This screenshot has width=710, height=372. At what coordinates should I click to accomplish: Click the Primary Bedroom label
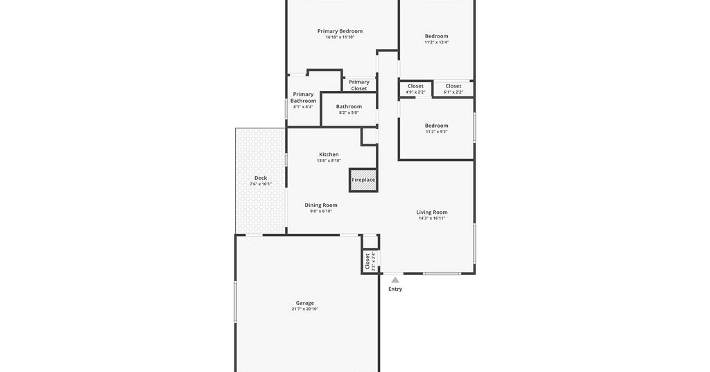[x=340, y=31]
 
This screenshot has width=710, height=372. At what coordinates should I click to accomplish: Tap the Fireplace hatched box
[x=363, y=180]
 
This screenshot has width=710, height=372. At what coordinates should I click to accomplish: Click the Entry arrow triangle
[x=395, y=280]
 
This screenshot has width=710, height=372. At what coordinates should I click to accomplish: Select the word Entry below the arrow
[x=395, y=289]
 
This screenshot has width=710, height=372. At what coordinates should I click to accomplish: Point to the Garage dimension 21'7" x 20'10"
[x=305, y=309]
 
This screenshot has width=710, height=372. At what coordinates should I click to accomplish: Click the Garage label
[x=305, y=303]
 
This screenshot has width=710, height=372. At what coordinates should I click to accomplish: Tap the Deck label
[x=261, y=178]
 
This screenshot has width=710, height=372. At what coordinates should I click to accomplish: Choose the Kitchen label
[x=329, y=155]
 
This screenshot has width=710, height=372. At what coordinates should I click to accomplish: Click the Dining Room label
[x=320, y=205]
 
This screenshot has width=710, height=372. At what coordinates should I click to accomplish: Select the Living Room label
[x=432, y=212]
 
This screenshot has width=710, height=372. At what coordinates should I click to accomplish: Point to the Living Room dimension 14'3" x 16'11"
[x=432, y=219]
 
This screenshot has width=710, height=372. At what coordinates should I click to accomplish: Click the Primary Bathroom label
[x=304, y=97]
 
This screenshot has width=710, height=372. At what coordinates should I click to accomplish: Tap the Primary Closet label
[x=359, y=85]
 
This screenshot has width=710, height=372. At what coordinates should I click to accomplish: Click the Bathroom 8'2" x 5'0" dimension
[x=349, y=113]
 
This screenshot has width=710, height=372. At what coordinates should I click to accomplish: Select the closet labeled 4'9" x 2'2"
[x=415, y=89]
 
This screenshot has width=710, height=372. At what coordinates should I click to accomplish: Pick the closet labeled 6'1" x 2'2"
[x=453, y=89]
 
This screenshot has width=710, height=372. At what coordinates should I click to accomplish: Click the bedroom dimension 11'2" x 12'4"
[x=437, y=42]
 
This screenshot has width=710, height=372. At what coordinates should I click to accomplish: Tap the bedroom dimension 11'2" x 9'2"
[x=437, y=132]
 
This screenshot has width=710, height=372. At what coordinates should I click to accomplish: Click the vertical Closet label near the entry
[x=367, y=262]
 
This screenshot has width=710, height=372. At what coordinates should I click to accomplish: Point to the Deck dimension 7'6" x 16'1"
[x=261, y=184]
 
